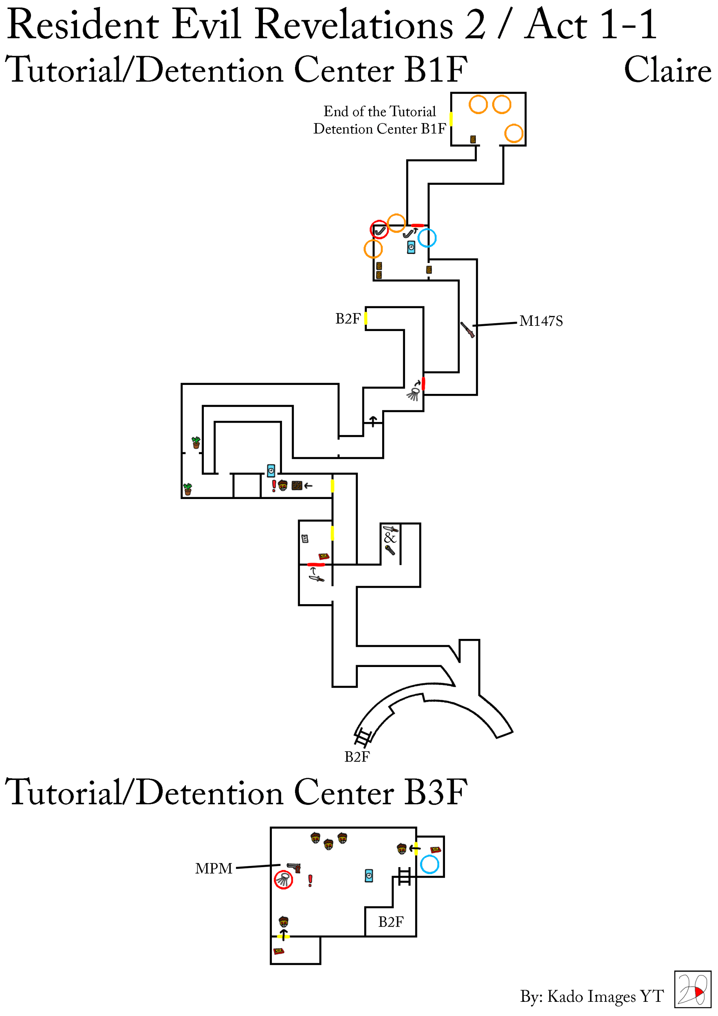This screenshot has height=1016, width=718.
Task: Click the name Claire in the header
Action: point(667,70)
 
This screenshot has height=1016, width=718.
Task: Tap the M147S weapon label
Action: point(541,321)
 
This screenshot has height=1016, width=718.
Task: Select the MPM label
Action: point(214,869)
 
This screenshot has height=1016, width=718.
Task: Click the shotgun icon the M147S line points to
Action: point(467,329)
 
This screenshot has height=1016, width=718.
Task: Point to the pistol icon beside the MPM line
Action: point(294,867)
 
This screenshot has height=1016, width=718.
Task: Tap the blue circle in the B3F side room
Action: point(429,864)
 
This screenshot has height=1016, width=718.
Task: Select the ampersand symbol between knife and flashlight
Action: point(390,538)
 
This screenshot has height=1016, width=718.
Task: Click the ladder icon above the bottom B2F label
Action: point(363,737)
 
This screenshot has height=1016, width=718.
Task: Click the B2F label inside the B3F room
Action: point(391,922)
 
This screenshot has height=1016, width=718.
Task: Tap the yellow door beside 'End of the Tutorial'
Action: point(451,119)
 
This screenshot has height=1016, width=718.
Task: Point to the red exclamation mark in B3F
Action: point(310,881)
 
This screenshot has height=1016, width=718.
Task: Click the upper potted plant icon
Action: point(196,442)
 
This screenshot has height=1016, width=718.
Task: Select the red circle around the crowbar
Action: point(379,229)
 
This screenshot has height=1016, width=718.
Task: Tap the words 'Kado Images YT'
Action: point(605,996)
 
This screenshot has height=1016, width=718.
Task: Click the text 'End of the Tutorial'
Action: point(380,111)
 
